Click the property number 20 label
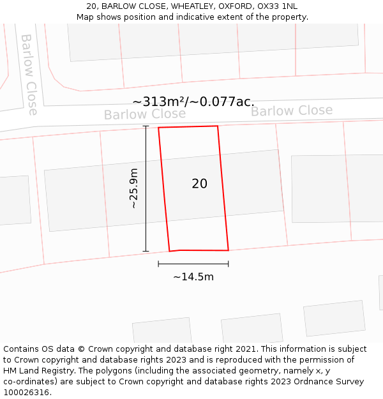pyautogui.click(x=199, y=184)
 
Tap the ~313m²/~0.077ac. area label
pyautogui.click(x=193, y=102)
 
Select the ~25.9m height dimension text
pyautogui.click(x=133, y=188)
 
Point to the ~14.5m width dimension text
pyautogui.click(x=193, y=276)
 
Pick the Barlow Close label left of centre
pyautogui.click(x=144, y=114)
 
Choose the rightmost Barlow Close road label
pyautogui.click(x=291, y=110)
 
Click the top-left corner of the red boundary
pyautogui.click(x=158, y=128)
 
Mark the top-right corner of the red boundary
pyautogui.click(x=218, y=126)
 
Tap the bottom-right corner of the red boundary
pyautogui.click(x=229, y=250)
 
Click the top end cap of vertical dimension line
pyautogui.click(x=146, y=126)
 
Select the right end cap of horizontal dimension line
pyautogui.click(x=229, y=264)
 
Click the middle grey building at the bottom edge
pyautogui.click(x=252, y=328)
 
